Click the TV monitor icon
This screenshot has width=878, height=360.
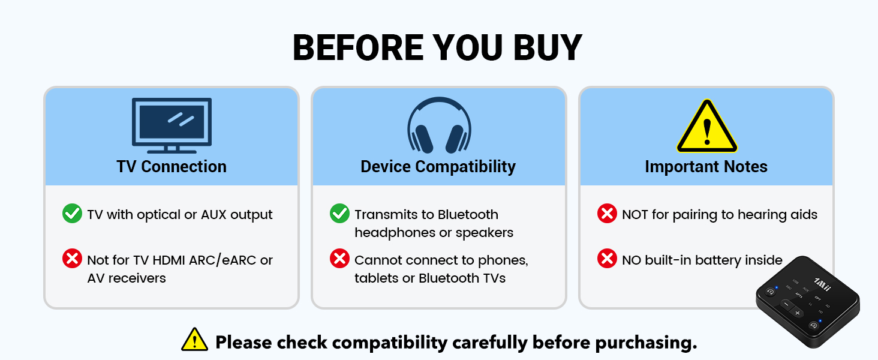coord(172,125)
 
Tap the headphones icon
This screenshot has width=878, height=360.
coord(438,125)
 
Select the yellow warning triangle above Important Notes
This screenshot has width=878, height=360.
coord(706,127)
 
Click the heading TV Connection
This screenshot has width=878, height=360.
coord(172,166)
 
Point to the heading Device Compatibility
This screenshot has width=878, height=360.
coord(438,166)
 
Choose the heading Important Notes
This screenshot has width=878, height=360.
coord(706,166)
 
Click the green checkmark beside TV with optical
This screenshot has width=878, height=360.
coord(72,214)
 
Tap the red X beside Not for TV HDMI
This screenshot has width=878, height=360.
coord(72,259)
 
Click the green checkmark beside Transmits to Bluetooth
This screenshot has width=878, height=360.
coord(339,214)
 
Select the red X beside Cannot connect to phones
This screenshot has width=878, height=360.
coord(339,259)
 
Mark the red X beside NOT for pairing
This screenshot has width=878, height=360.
coord(607,214)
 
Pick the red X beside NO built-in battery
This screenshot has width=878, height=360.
coord(607,259)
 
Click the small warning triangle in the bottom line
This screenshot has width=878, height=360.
coord(194,340)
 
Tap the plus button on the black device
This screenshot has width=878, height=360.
coord(797,313)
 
